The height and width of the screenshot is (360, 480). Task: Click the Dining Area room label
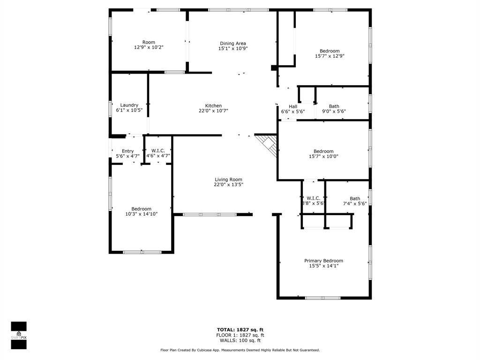[233, 44]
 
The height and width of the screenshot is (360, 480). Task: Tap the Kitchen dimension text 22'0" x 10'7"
[213, 111]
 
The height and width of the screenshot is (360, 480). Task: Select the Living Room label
[228, 180]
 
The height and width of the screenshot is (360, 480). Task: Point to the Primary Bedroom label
[323, 261]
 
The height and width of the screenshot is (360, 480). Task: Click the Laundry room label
[129, 105]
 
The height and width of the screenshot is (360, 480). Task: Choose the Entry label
[127, 151]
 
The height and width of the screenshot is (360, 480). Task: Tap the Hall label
[293, 106]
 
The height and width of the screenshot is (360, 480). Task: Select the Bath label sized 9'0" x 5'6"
[334, 106]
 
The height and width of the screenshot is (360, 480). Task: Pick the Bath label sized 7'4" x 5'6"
[355, 198]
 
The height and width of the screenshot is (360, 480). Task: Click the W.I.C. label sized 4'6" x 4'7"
[157, 151]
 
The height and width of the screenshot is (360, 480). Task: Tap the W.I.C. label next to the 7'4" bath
[313, 198]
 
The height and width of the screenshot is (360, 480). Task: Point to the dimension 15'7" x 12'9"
[330, 56]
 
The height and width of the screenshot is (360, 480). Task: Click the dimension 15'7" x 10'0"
[323, 157]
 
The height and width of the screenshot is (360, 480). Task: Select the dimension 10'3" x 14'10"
[141, 214]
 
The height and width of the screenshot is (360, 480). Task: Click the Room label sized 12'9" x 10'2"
[149, 42]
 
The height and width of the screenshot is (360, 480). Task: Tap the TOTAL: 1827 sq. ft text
[240, 330]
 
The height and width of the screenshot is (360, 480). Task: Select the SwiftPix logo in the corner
[19, 335]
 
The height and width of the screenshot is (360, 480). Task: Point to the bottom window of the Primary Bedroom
[322, 298]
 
